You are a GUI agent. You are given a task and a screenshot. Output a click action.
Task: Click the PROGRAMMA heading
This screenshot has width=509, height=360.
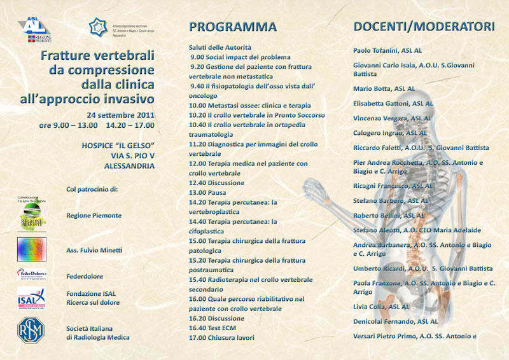point(233,27)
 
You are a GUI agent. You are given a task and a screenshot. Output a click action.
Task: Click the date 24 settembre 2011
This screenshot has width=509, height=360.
point(121,114)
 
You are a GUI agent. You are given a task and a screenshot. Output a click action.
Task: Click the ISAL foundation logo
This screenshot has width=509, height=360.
point(31,298)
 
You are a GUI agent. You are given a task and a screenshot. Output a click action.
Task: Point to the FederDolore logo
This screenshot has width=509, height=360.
point(31,275)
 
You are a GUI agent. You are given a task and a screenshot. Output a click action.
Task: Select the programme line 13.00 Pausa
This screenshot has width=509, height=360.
point(208,192)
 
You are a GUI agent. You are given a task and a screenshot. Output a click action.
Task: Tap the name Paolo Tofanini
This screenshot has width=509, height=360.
point(387,50)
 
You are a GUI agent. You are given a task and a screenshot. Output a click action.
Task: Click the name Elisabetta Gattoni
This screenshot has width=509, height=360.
point(393,103)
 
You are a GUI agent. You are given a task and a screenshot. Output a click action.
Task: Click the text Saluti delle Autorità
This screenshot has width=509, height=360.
point(220,47)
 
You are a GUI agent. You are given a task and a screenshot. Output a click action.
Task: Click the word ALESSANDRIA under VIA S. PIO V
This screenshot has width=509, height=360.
point(129,165)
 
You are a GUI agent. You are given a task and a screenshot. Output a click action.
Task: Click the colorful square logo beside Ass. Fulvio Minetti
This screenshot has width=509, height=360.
point(31,249)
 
